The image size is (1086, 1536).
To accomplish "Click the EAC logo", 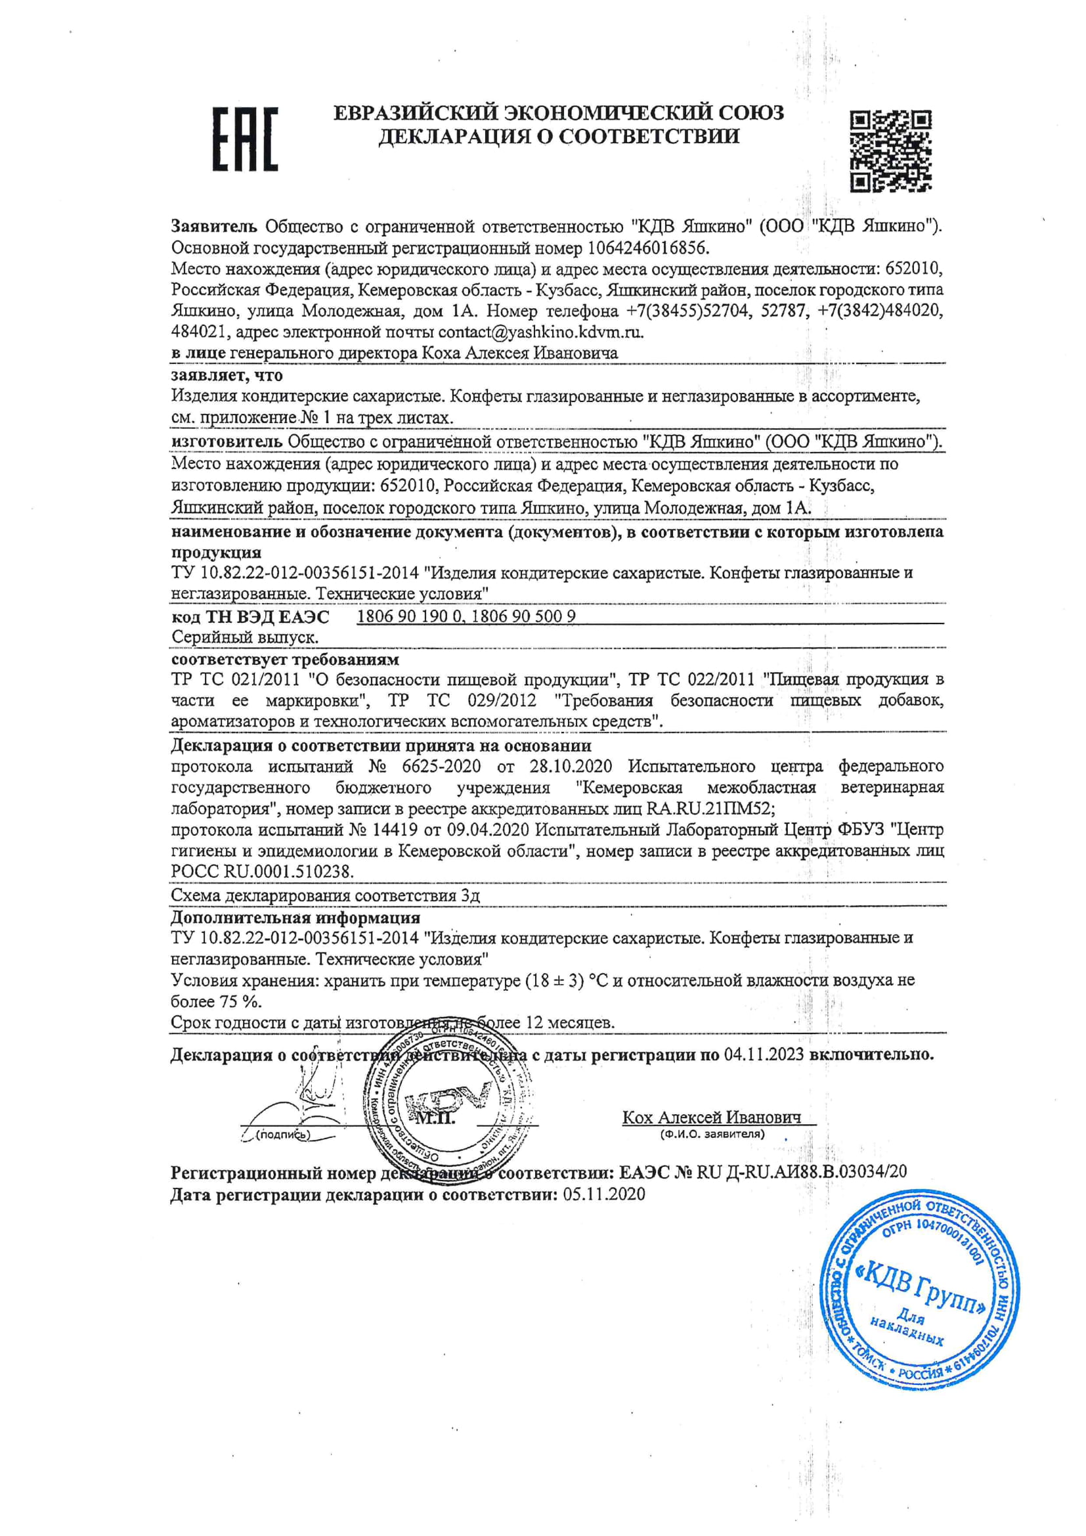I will point(245,139).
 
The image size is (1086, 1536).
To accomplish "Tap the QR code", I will point(891,151).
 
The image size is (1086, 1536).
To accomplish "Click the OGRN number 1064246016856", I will point(647,248).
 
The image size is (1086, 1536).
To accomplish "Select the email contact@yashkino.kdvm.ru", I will point(540,332).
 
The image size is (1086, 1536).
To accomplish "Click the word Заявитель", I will point(214,226).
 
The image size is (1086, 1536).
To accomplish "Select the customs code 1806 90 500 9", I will point(523,616).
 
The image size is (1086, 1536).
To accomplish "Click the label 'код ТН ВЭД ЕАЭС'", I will point(250,616).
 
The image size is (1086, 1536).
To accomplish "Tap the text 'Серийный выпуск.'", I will point(245,637).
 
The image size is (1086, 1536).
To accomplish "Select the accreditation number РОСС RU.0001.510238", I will point(262,872).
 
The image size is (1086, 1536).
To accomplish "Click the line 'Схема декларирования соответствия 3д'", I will point(325,895).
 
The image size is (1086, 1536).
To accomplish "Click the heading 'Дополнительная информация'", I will point(295,917).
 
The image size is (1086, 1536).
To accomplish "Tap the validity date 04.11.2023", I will point(762,1055).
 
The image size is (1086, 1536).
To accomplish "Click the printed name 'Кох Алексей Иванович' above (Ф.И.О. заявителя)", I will point(712,1118).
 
